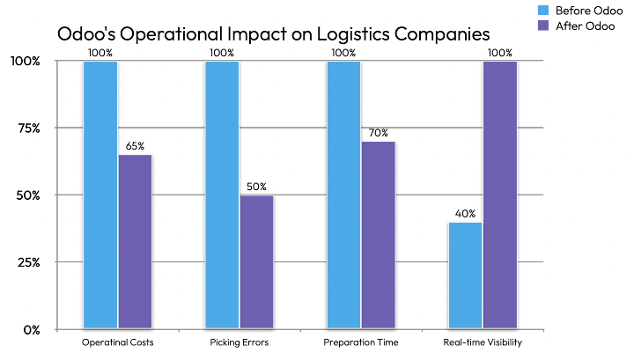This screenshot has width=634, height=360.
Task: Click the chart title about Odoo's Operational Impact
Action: click(273, 35)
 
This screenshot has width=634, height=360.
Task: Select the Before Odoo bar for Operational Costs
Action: click(100, 195)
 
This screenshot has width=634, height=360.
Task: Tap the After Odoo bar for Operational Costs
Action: click(135, 242)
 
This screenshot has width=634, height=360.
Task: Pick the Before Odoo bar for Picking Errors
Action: click(222, 195)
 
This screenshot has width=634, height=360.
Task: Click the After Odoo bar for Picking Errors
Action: click(256, 261)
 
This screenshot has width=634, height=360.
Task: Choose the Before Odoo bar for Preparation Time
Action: click(343, 195)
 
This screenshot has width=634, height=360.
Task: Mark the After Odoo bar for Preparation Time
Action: click(378, 235)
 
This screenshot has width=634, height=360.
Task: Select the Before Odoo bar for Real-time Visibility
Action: click(465, 276)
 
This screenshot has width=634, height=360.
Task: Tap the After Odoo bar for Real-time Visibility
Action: click(499, 195)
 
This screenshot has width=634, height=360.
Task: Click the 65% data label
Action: click(135, 146)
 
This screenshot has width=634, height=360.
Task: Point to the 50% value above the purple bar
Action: click(256, 187)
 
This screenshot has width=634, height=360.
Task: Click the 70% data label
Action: click(378, 133)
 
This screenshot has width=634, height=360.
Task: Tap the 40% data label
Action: click(465, 214)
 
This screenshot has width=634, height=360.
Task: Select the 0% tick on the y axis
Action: click(31, 329)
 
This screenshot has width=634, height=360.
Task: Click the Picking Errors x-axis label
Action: click(240, 342)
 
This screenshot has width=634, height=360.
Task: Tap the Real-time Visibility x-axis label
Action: click(483, 342)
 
